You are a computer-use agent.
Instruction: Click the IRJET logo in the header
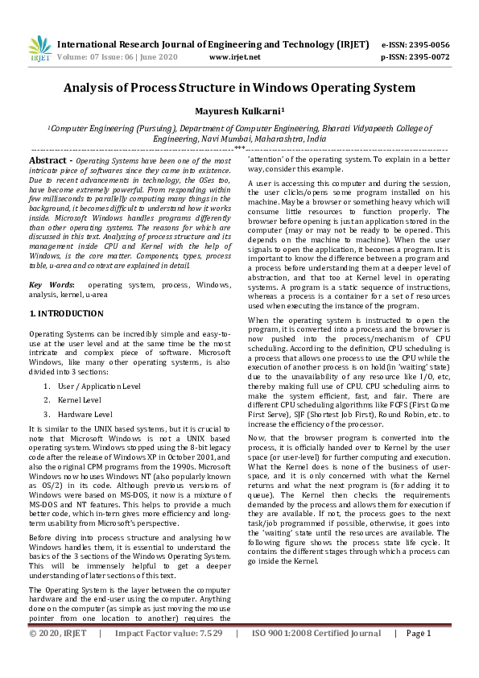(x=39, y=50)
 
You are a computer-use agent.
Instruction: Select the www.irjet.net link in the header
(x=234, y=57)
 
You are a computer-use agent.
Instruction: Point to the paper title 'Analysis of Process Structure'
(x=239, y=87)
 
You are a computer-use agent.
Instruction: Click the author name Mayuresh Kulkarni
(x=239, y=110)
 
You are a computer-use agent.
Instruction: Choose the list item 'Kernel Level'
(x=81, y=399)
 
